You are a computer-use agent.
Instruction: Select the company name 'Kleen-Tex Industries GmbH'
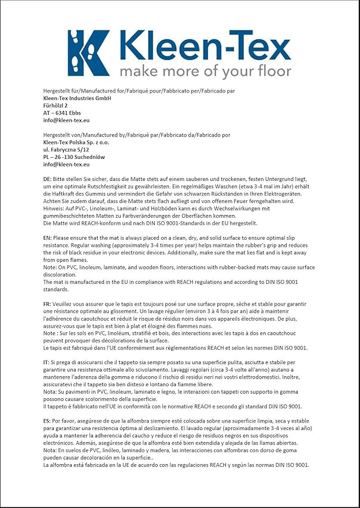77,98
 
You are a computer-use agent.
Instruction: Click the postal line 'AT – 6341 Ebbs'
62,113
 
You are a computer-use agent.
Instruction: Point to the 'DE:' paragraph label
48,180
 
